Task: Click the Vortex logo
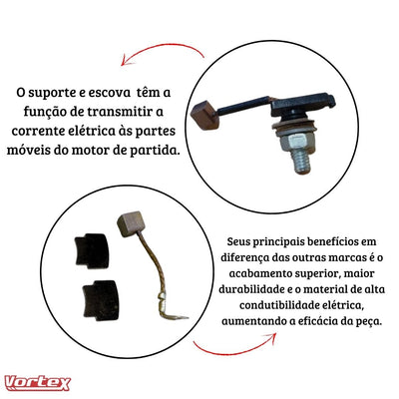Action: tap(37, 382)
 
